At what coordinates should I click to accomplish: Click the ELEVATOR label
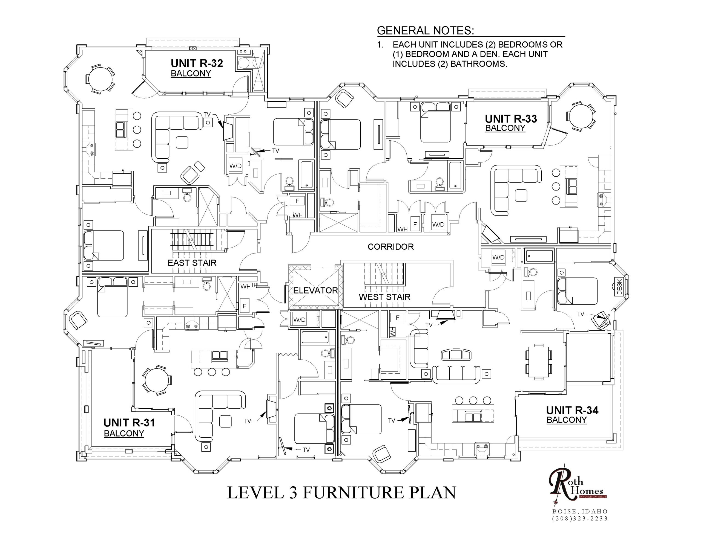(315, 290)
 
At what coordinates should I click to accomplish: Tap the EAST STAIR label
(192, 263)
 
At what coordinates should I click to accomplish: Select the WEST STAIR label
(384, 297)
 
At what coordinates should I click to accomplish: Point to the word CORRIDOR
(391, 247)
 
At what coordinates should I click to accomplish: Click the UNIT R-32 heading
(197, 63)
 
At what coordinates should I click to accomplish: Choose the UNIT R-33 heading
(511, 119)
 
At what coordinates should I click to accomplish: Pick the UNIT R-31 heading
(129, 423)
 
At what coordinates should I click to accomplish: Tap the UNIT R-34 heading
(572, 410)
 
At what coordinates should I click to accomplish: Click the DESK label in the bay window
(619, 286)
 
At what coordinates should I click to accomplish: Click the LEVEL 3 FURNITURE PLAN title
(341, 493)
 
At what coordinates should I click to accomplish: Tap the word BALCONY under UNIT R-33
(505, 128)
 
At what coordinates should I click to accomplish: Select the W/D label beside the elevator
(299, 320)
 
